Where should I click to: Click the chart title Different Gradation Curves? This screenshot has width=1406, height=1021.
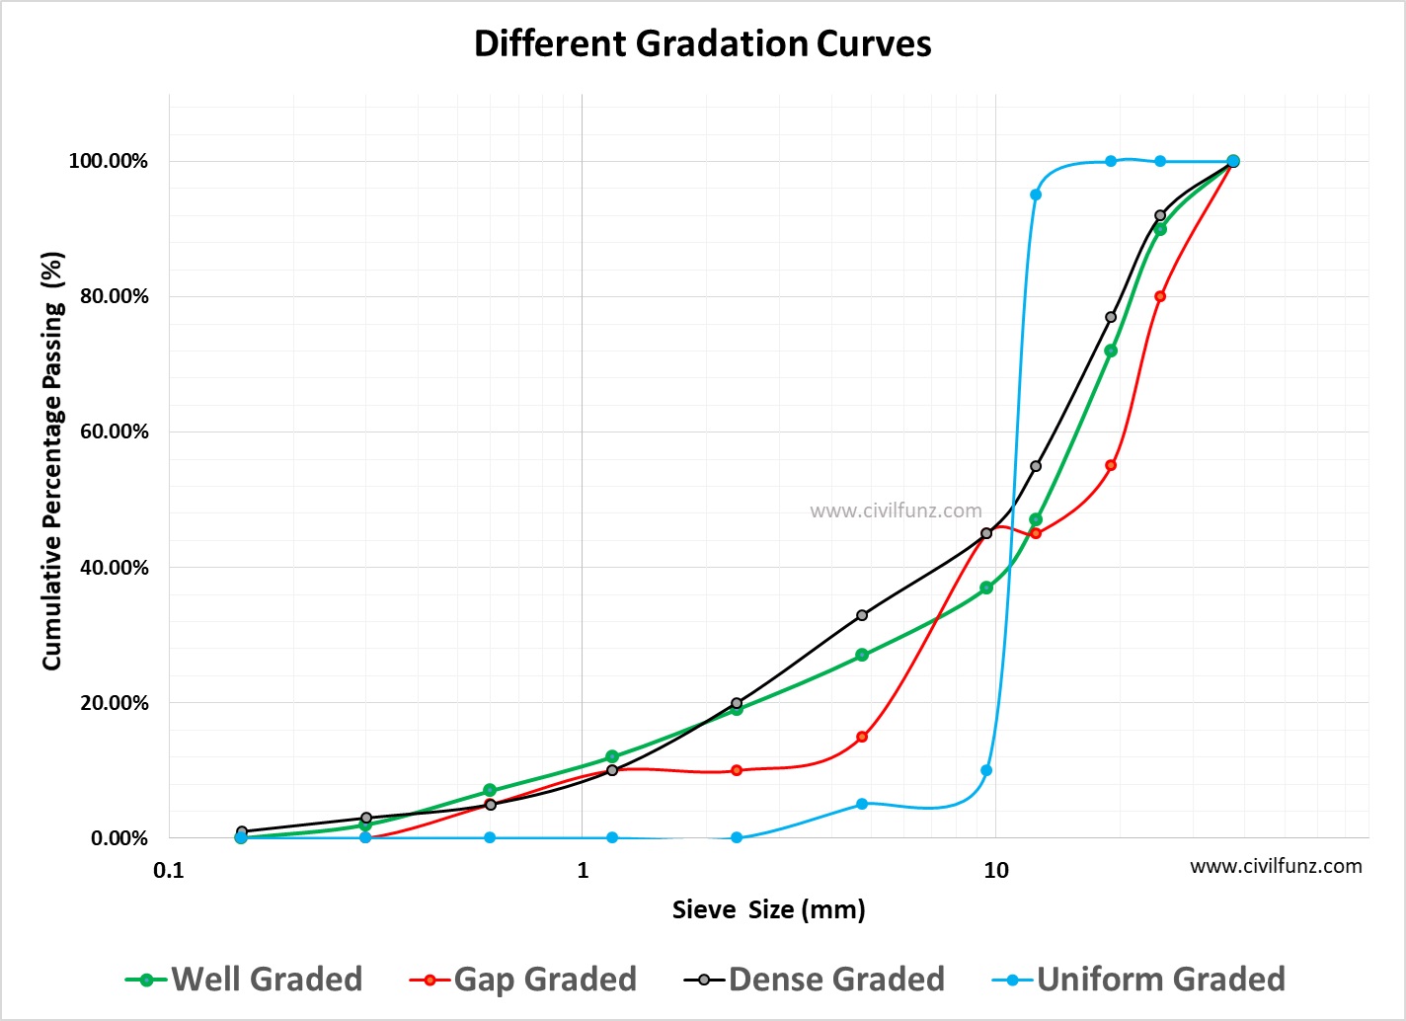pyautogui.click(x=702, y=44)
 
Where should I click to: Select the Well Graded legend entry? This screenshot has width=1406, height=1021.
pyautogui.click(x=245, y=979)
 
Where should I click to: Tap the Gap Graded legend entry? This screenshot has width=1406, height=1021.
pyautogui.click(x=523, y=979)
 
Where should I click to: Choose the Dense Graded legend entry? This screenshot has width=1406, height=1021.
pyautogui.click(x=815, y=979)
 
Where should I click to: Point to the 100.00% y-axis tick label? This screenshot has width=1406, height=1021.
pyautogui.click(x=109, y=161)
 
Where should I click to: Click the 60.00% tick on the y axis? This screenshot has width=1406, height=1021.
pyautogui.click(x=109, y=432)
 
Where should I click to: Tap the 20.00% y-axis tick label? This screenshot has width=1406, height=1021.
pyautogui.click(x=109, y=703)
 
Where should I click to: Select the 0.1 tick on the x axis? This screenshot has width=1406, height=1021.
pyautogui.click(x=169, y=870)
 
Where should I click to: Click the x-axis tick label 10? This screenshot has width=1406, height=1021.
pyautogui.click(x=995, y=870)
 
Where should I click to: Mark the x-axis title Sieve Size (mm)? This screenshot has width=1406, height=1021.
pyautogui.click(x=768, y=909)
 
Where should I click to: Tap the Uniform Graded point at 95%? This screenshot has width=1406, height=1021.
pyautogui.click(x=1036, y=195)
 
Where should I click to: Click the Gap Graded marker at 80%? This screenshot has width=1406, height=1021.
pyautogui.click(x=1160, y=296)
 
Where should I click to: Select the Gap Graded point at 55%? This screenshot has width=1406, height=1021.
pyautogui.click(x=1111, y=465)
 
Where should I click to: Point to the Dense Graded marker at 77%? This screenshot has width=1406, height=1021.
pyautogui.click(x=1111, y=317)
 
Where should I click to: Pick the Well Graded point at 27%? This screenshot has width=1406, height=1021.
pyautogui.click(x=862, y=655)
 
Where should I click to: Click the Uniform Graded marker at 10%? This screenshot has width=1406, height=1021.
pyautogui.click(x=986, y=770)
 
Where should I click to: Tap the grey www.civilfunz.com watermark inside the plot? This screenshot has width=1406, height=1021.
pyautogui.click(x=896, y=510)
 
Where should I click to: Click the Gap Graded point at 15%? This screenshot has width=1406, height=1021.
pyautogui.click(x=862, y=737)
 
